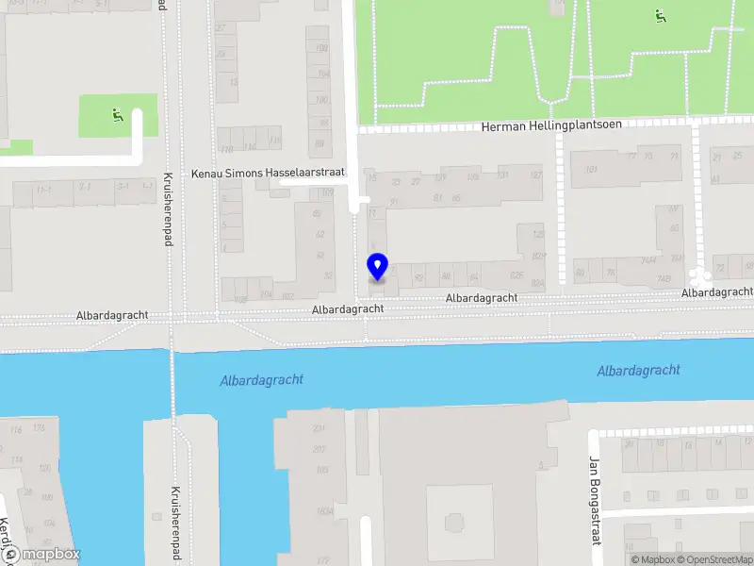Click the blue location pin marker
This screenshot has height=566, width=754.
click(x=377, y=266)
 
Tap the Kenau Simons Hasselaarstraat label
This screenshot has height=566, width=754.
click(x=269, y=174)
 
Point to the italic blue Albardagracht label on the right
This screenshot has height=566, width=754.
click(x=638, y=371)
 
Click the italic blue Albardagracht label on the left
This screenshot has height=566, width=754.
click(x=261, y=380)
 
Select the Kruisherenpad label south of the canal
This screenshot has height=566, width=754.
click(x=174, y=519)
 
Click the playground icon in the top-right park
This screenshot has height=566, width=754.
click(x=659, y=15)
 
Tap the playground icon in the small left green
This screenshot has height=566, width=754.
click(x=118, y=116)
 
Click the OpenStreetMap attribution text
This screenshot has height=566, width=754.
click(x=713, y=559)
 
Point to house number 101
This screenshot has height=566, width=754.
click(x=592, y=170)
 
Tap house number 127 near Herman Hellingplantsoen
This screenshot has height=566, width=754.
click(x=536, y=175)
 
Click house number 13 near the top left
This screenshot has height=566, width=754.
click(x=233, y=82)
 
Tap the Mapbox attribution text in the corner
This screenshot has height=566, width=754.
click(x=651, y=559)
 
